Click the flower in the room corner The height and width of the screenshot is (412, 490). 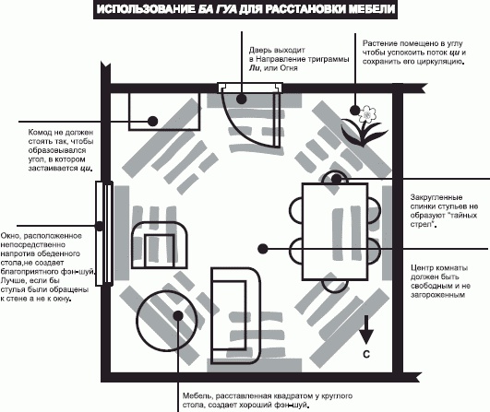(365, 125)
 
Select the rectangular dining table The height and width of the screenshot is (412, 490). (335, 231)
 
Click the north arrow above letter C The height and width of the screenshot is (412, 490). (366, 330)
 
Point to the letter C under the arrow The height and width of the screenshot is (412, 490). (366, 354)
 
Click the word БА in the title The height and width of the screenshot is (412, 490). (206, 9)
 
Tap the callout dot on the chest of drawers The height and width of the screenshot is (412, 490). (152, 121)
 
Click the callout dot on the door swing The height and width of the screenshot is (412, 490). (241, 100)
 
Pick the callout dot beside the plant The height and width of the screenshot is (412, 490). (354, 110)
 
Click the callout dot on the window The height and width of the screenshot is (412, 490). (100, 226)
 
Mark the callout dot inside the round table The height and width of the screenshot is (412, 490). (178, 316)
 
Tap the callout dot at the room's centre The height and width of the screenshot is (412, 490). (263, 249)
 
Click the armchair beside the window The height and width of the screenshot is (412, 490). (160, 245)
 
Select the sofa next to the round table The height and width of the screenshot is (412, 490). (235, 315)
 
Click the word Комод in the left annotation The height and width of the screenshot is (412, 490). (41, 133)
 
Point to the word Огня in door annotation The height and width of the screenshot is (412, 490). (289, 68)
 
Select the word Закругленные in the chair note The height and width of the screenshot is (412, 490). (436, 197)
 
